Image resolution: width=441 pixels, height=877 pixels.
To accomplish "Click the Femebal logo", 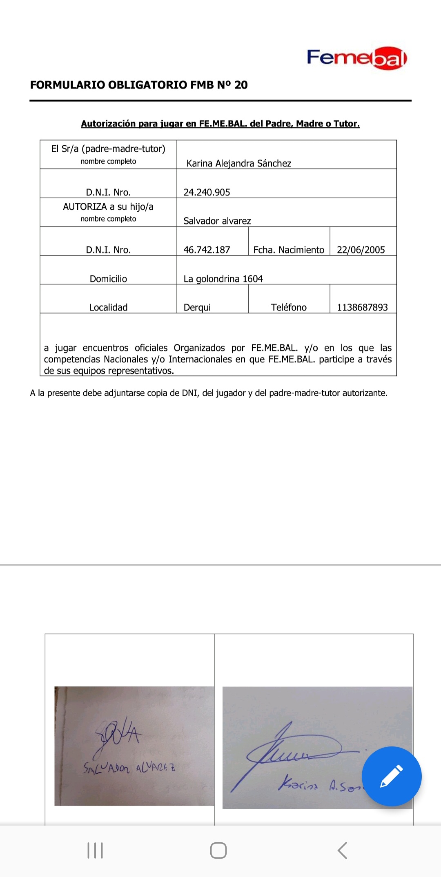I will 356,58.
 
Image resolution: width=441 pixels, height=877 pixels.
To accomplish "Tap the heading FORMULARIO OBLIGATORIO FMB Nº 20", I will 139,85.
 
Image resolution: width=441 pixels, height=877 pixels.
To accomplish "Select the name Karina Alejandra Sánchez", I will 239,164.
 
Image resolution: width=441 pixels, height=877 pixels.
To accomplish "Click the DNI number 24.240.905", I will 207,192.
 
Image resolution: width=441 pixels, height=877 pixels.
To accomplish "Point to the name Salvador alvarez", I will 217,221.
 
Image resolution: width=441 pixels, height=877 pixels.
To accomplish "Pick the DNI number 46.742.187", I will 207,250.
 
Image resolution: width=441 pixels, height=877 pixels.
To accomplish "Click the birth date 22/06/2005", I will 361,250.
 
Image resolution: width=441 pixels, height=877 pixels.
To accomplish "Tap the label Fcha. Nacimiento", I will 289,250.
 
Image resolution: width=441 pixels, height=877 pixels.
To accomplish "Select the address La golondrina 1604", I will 223,279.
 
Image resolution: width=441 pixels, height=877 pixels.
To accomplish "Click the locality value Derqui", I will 197,307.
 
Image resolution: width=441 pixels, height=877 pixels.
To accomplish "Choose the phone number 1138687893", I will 362,307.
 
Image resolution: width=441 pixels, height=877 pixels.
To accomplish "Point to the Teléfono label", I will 289,307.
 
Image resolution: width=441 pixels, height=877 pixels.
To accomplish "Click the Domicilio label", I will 108,279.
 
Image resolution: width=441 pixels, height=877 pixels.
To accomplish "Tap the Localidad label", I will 108,307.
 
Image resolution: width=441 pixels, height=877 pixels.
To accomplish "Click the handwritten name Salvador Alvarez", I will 129,768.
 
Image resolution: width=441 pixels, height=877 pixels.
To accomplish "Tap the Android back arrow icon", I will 342,850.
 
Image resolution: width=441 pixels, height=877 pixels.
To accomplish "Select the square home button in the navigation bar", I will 218,850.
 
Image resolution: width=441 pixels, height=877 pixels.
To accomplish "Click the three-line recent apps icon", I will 95,850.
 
